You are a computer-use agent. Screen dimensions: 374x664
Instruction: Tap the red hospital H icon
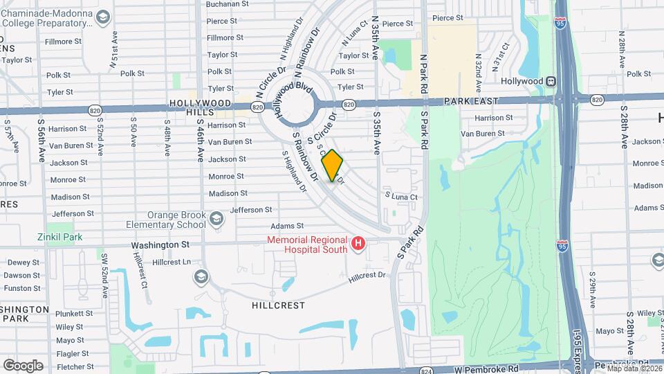coord(358,243)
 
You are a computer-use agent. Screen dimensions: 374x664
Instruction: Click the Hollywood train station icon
coord(551,81)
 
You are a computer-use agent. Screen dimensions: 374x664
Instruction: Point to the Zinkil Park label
coord(59,236)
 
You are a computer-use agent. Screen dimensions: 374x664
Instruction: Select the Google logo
coord(23,365)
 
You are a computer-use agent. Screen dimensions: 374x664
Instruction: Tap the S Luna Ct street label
coord(401,197)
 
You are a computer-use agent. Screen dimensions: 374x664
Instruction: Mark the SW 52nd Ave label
coord(104,276)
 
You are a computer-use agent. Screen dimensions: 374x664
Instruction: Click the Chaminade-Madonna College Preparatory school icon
coord(103,17)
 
